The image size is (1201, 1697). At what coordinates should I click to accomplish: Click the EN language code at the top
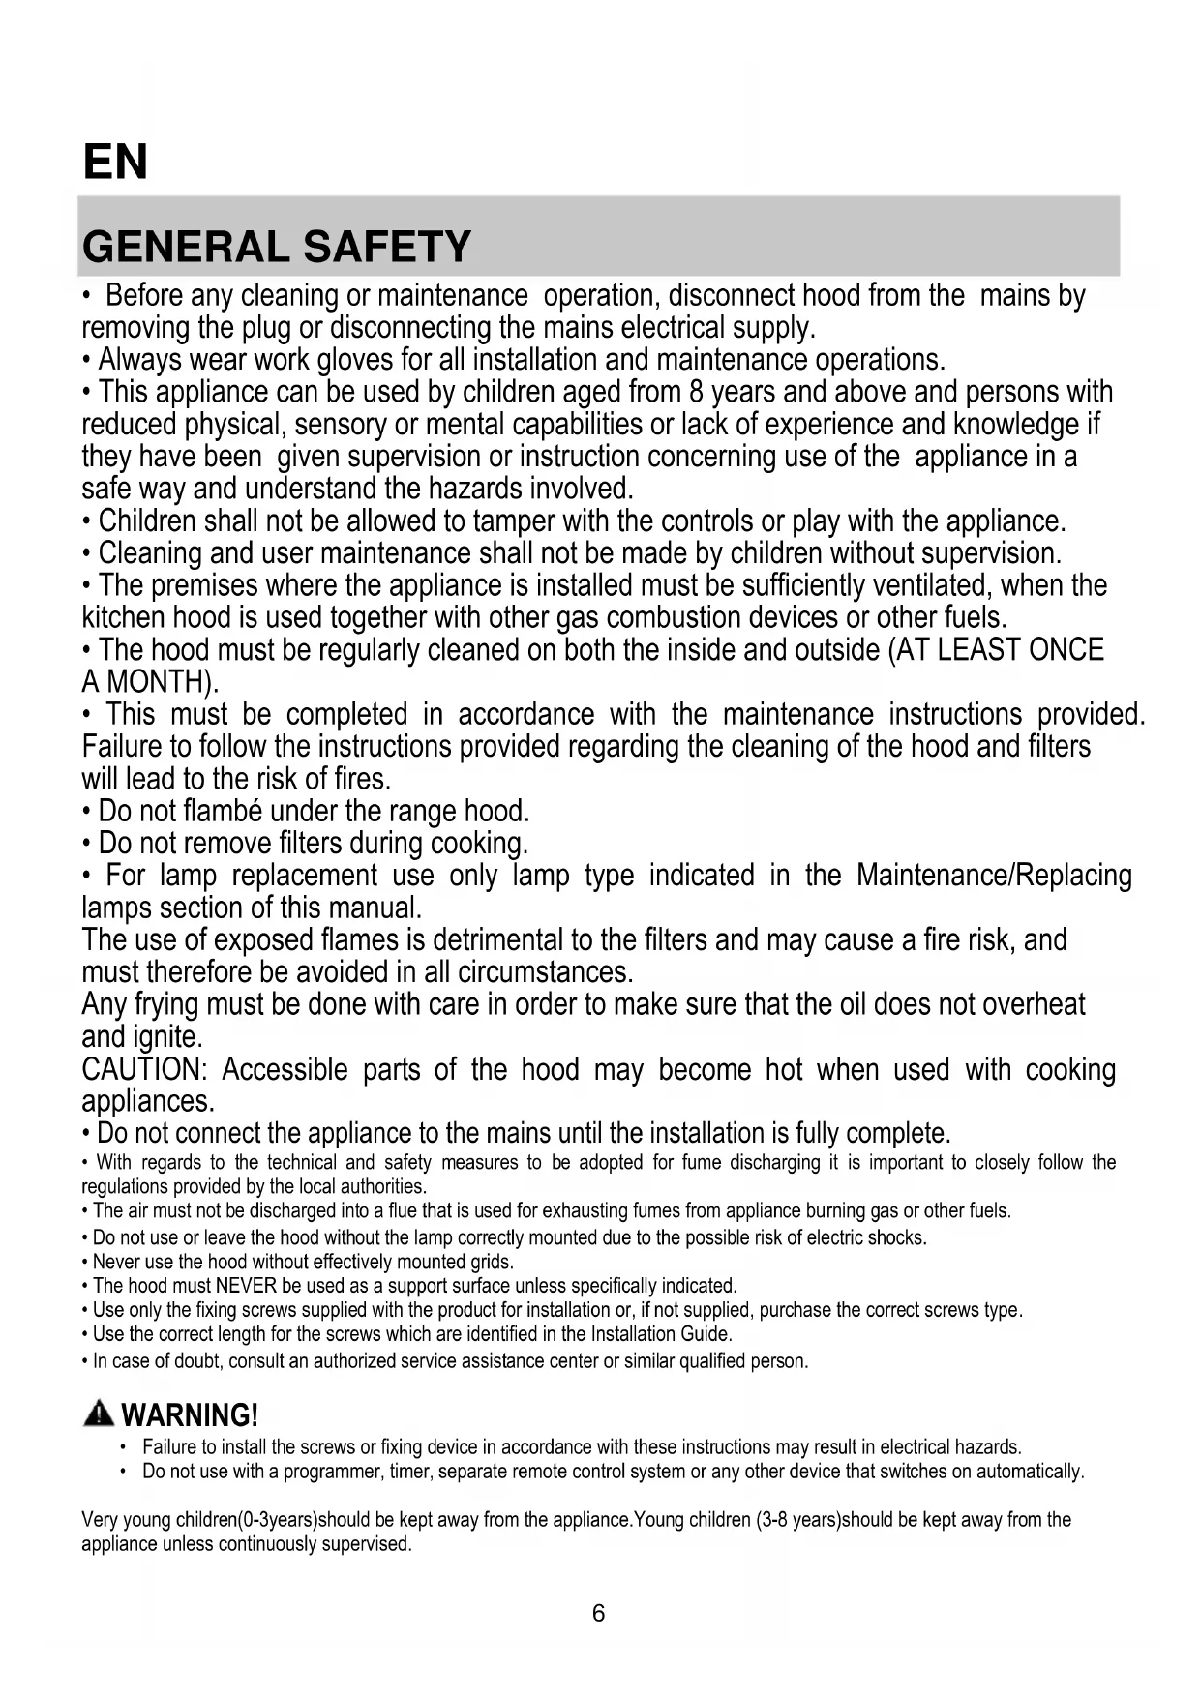click(x=115, y=162)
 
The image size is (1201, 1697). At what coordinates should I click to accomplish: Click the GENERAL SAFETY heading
click(x=277, y=247)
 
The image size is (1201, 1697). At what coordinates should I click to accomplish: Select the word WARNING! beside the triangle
click(x=191, y=1415)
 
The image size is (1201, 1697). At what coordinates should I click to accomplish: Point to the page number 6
click(x=598, y=1613)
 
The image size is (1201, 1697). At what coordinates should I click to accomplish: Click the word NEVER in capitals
click(x=246, y=1286)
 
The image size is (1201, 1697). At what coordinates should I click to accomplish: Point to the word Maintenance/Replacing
click(x=994, y=876)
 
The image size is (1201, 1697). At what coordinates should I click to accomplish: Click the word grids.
click(x=490, y=1262)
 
